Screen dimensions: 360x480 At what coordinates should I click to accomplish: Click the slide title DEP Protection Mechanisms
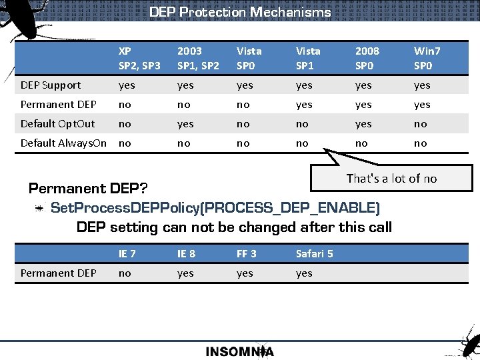[240, 12]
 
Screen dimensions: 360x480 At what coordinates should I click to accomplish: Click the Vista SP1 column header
[308, 58]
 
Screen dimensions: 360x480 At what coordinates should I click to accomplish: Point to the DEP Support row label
[51, 85]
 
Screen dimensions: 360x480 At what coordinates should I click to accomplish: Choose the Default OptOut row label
[58, 124]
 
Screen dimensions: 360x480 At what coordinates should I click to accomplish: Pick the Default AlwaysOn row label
[63, 143]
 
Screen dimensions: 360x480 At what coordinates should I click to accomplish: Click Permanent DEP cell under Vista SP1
[304, 105]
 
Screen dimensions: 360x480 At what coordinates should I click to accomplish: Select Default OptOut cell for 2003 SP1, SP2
[185, 124]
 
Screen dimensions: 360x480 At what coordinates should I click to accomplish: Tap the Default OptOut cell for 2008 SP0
[363, 124]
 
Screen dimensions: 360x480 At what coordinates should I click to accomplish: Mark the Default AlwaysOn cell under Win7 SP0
[420, 143]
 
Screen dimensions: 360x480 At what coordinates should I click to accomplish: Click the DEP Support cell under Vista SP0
[245, 85]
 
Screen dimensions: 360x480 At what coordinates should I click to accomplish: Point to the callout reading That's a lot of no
[391, 178]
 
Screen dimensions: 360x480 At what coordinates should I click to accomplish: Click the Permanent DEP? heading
[88, 189]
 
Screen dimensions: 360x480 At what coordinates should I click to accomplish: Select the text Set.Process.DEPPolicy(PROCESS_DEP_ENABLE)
[215, 208]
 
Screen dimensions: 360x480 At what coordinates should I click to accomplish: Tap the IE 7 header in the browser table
[127, 253]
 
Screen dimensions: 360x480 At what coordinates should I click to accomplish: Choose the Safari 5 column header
[314, 253]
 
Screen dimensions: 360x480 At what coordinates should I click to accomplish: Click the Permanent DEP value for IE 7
[124, 273]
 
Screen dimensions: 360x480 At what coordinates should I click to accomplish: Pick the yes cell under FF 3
[245, 273]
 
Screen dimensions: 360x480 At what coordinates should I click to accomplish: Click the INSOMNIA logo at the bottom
[240, 351]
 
